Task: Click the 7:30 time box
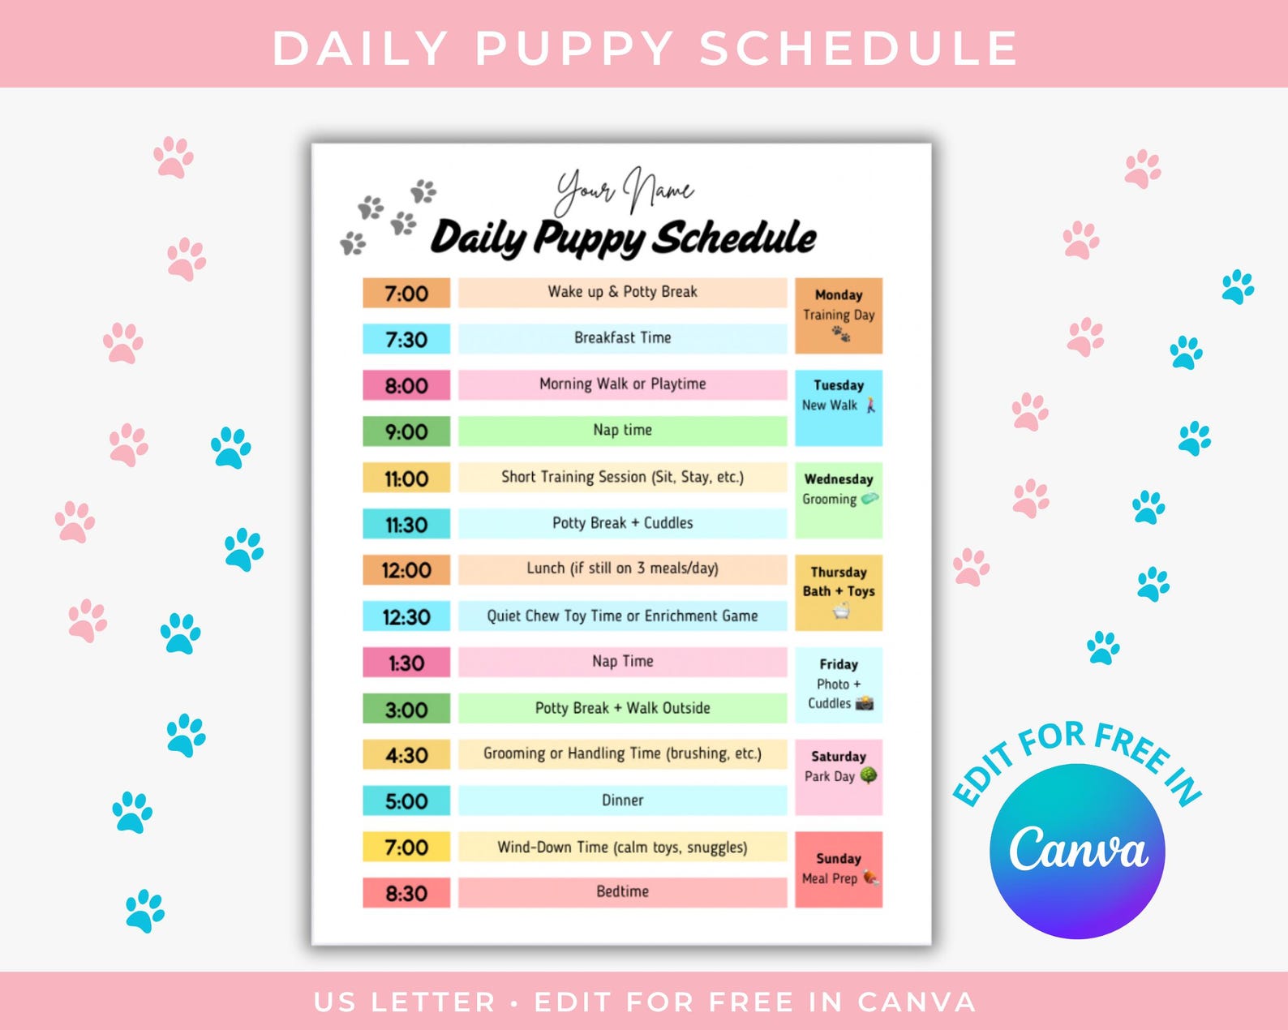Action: point(406,339)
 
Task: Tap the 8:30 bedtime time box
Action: point(406,893)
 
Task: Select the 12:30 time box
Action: point(406,616)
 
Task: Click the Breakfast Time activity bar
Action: point(622,338)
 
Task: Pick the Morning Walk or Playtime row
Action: point(622,384)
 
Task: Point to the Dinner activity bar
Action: point(622,800)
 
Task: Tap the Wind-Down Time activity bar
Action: point(622,847)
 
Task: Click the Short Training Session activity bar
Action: point(622,477)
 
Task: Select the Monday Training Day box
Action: point(838,315)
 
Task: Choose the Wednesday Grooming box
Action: point(838,500)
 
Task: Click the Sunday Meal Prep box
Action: point(838,869)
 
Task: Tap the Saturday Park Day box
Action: point(838,777)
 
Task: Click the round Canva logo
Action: point(1077,851)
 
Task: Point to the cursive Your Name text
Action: point(624,191)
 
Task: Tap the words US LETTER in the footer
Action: point(404,1002)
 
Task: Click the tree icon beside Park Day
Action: point(868,775)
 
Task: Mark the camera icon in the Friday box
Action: point(865,703)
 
